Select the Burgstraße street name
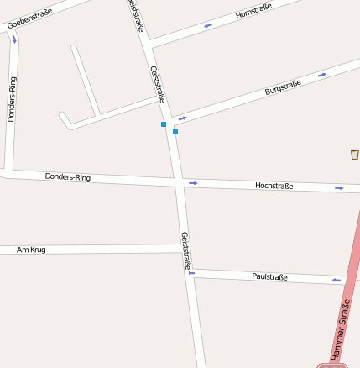[283, 87]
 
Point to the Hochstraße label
[274, 186]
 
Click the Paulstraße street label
[270, 276]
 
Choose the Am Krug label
[30, 250]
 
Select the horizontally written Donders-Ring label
[68, 177]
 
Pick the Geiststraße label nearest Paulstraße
[186, 250]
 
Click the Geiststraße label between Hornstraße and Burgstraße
[156, 83]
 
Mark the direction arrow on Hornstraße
[208, 25]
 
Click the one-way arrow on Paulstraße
[337, 280]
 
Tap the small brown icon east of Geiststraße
[354, 154]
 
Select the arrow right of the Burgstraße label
[321, 75]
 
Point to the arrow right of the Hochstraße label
[339, 188]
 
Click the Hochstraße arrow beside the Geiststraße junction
[193, 182]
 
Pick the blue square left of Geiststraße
[164, 124]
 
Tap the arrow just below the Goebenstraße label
[14, 39]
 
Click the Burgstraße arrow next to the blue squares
[182, 118]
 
